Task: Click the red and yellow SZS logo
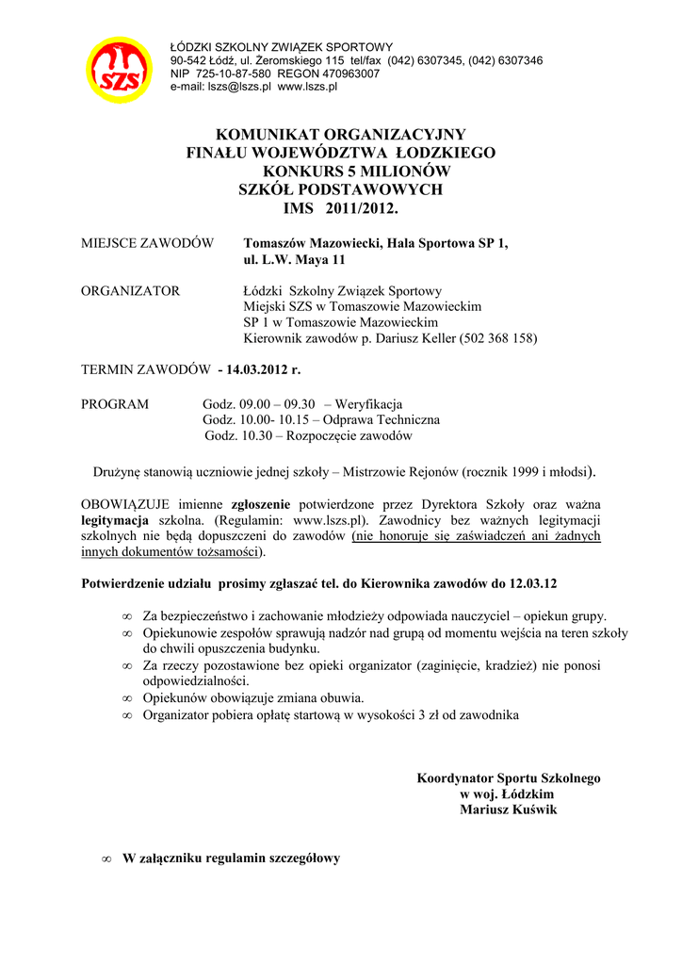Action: click(x=120, y=69)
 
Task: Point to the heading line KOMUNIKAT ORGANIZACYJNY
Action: click(x=341, y=135)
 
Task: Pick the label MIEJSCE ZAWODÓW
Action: click(x=147, y=243)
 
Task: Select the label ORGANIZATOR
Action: click(x=130, y=291)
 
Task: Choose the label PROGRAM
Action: click(x=115, y=404)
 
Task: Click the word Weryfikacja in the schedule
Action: click(x=369, y=404)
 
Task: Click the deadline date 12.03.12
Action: click(x=542, y=583)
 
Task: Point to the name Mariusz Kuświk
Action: click(x=509, y=810)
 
